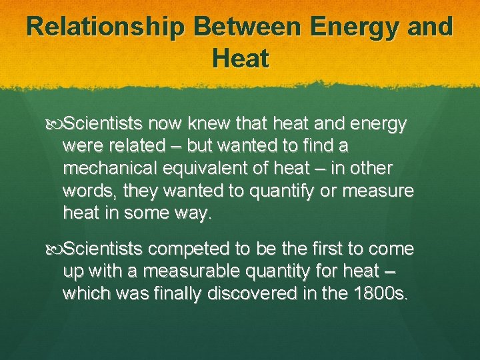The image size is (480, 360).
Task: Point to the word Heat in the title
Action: [241, 59]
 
